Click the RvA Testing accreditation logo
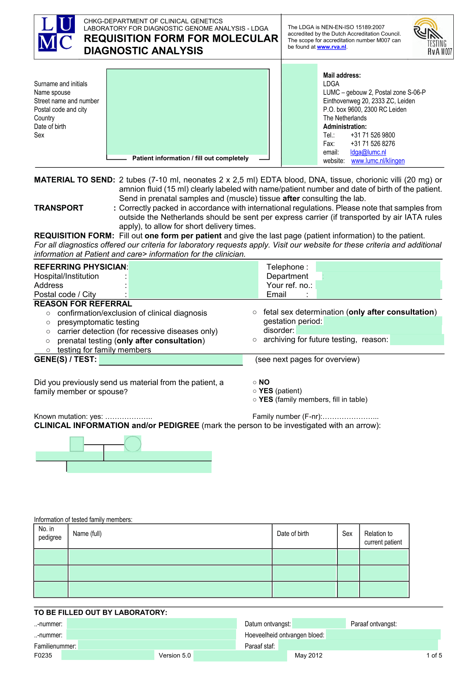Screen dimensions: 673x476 click(x=433, y=37)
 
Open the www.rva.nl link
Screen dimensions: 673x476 click(x=331, y=47)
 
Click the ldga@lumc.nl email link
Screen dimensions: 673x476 click(x=368, y=152)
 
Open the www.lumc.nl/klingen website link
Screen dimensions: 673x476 click(x=378, y=161)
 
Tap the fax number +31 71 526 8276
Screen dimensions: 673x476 click(x=372, y=144)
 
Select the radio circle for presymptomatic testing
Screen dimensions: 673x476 click(x=48, y=322)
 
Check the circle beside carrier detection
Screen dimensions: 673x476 click(x=48, y=332)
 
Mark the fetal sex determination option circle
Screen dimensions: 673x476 click(x=255, y=313)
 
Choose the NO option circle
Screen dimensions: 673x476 click(x=255, y=382)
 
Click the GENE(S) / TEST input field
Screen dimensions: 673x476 click(x=171, y=360)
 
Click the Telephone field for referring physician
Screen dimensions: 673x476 click(x=378, y=267)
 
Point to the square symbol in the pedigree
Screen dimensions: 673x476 click(x=77, y=444)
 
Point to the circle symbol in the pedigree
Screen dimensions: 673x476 click(x=133, y=444)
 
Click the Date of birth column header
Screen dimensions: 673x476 click(x=293, y=534)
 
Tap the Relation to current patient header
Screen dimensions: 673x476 click(x=383, y=538)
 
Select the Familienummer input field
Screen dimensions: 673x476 click(x=157, y=646)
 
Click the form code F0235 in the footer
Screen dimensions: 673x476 click(x=43, y=655)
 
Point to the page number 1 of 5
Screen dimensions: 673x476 click(x=434, y=655)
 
